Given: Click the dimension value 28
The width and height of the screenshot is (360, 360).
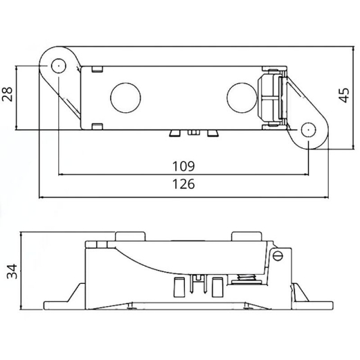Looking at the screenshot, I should [x=8, y=95].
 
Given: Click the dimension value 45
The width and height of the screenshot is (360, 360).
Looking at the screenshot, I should [x=345, y=96].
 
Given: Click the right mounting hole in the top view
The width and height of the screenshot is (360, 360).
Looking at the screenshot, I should [x=308, y=128].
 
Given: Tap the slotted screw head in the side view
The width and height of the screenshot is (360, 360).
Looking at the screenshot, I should [x=280, y=255].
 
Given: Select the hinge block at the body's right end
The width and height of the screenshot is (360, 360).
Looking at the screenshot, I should [x=271, y=98].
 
